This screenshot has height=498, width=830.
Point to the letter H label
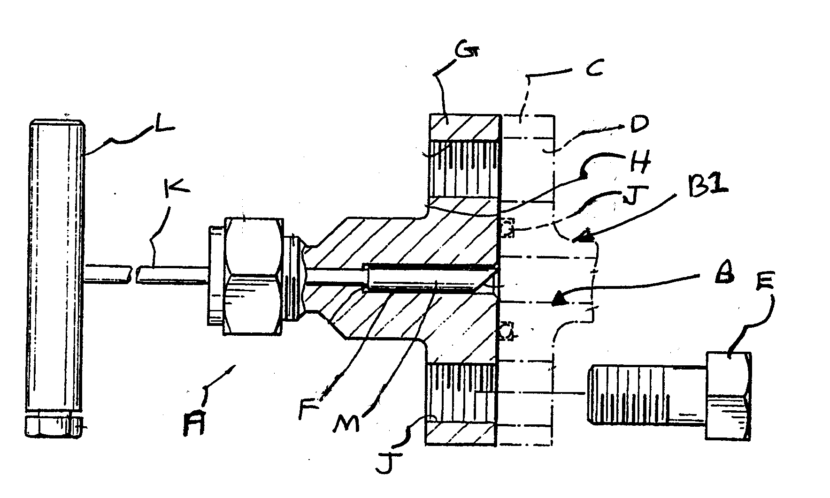point(640,164)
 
